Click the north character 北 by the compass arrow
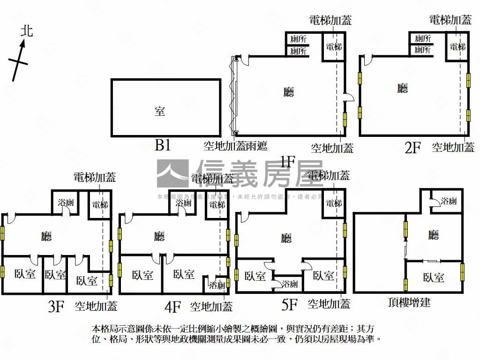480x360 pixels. [27, 31]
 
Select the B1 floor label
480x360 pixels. [163, 146]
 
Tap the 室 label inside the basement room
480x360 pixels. [160, 111]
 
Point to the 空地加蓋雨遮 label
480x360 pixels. [235, 146]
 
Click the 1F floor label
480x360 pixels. [287, 162]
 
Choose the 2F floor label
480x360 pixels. [412, 148]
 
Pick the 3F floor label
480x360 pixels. [56, 307]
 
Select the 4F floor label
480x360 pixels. [172, 307]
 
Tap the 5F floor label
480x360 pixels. [289, 305]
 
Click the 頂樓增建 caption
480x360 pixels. [409, 302]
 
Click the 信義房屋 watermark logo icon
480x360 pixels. [172, 173]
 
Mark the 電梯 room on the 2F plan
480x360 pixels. [457, 47]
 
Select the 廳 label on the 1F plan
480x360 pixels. [289, 92]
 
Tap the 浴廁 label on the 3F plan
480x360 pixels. [66, 203]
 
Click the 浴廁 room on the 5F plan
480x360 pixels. [288, 284]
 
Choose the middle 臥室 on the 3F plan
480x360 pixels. [55, 275]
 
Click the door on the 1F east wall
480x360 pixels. [347, 97]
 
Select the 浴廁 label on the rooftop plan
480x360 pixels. [449, 202]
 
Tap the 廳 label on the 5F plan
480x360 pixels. [286, 239]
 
